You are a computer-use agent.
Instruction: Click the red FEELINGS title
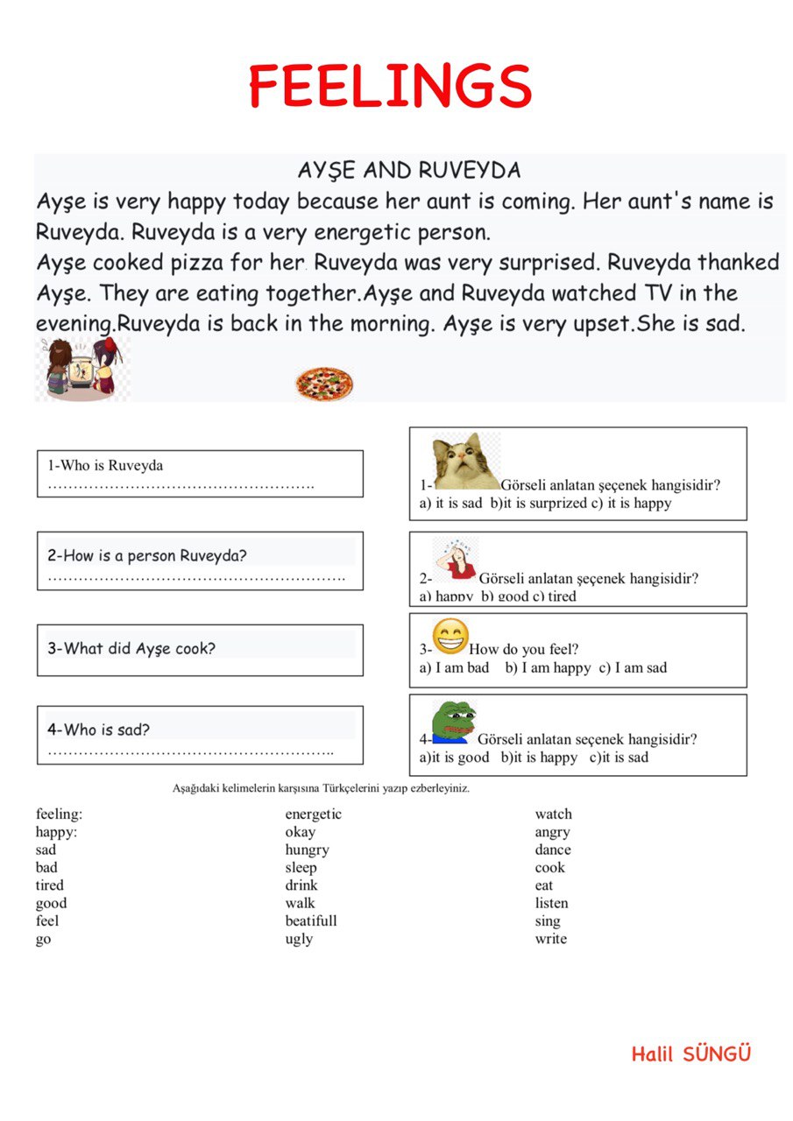(391, 86)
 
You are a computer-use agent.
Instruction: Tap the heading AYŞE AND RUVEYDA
(409, 170)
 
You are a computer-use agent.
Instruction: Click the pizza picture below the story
(323, 384)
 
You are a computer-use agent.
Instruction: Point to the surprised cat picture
(465, 462)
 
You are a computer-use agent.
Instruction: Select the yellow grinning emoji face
(450, 637)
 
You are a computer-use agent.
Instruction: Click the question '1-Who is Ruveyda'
(105, 465)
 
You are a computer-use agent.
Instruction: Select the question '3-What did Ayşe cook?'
(131, 649)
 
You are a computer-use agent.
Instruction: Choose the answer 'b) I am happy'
(548, 668)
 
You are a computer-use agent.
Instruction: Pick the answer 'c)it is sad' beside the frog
(619, 758)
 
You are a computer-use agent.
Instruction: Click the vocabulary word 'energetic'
(313, 814)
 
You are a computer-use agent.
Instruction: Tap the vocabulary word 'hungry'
(307, 850)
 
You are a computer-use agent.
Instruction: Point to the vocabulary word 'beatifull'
(310, 921)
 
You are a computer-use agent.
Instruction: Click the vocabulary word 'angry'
(552, 832)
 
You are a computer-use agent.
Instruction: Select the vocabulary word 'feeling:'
(59, 814)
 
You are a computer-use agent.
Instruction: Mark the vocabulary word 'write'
(550, 939)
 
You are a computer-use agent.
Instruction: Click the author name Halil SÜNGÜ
(690, 1054)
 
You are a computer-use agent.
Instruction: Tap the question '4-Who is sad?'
(98, 730)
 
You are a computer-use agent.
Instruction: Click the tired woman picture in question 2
(456, 560)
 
